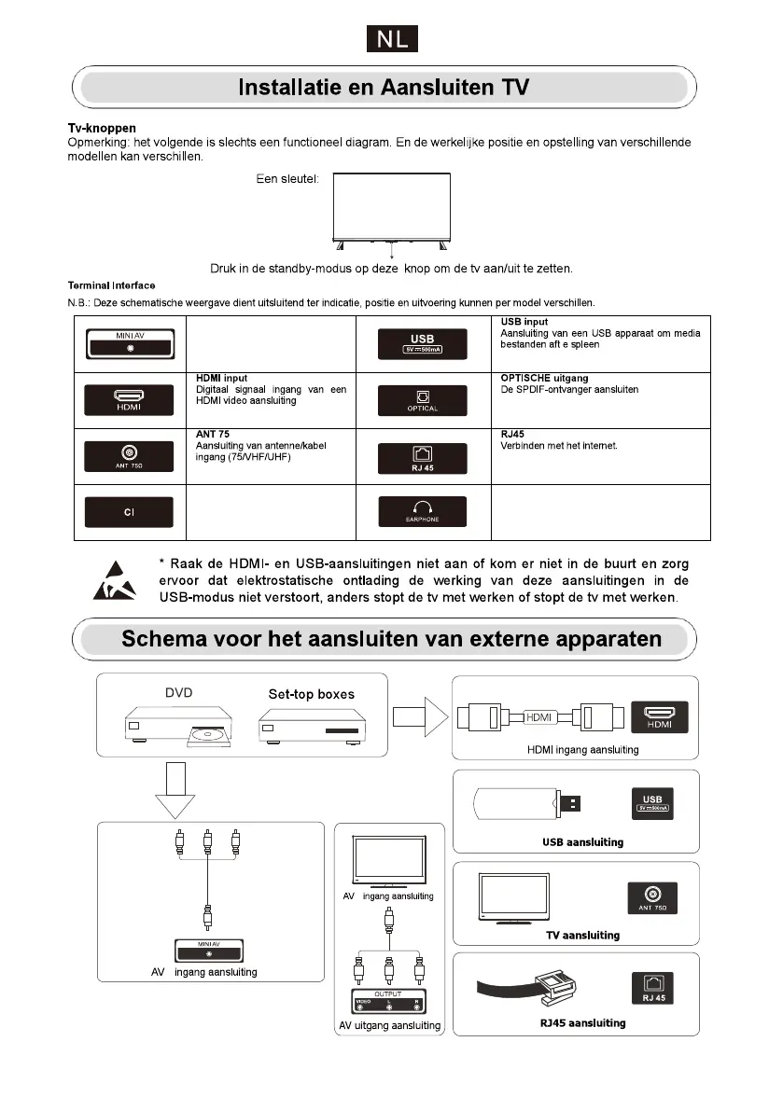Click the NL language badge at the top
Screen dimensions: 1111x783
[391, 39]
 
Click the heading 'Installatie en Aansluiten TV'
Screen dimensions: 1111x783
[384, 89]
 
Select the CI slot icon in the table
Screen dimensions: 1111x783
[130, 512]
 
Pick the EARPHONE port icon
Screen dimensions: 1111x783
[422, 512]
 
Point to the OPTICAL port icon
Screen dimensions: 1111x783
[422, 400]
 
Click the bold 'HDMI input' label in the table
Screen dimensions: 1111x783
[221, 378]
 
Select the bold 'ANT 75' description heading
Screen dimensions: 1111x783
[213, 434]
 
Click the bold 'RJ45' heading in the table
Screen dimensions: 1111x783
[512, 434]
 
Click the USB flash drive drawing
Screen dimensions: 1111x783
[530, 801]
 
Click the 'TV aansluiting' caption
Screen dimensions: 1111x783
[582, 935]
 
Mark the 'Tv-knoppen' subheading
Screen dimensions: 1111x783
[102, 128]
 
